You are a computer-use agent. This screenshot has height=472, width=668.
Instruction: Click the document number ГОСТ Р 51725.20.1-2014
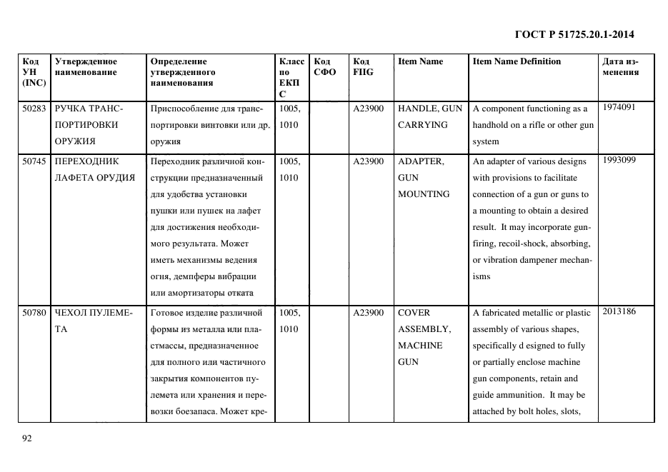[574, 34]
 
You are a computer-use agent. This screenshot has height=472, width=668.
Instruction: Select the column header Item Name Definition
[517, 61]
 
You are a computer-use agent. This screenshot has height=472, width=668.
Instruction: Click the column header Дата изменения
[620, 66]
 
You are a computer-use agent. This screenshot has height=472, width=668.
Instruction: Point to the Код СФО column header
[324, 66]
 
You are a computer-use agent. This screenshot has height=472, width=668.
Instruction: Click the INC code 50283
[34, 109]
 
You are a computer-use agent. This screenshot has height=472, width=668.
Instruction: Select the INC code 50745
[34, 161]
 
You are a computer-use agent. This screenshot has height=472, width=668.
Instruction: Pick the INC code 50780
[34, 313]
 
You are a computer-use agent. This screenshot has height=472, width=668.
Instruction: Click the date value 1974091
[619, 107]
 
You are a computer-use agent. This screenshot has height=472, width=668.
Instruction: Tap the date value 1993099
[619, 160]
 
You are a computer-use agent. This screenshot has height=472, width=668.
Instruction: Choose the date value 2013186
[619, 311]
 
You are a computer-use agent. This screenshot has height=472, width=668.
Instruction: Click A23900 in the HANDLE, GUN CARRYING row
[368, 109]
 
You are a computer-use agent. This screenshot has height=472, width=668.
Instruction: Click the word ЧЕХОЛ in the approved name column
[69, 313]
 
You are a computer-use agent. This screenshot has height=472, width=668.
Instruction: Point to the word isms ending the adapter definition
[481, 276]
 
